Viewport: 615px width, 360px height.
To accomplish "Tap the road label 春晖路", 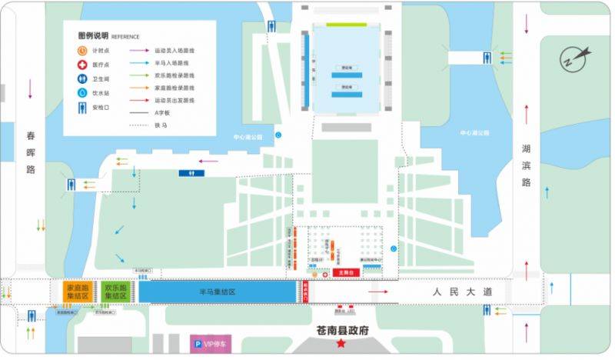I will [31, 152].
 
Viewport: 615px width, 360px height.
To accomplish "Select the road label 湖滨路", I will [527, 165].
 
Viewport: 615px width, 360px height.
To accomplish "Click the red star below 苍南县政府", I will [340, 343].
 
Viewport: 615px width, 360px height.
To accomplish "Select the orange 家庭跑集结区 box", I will [78, 291].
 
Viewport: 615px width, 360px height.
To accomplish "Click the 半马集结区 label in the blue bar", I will [216, 292].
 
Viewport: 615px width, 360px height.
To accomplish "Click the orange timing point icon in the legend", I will [82, 50].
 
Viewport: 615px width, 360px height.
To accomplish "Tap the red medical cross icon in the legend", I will [82, 65].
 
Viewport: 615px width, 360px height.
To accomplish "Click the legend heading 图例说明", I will [93, 35].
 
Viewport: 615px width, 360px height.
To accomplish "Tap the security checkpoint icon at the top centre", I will [272, 25].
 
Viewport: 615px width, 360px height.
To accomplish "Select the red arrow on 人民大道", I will [377, 292].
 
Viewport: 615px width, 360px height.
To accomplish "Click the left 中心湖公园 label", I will [248, 137].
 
